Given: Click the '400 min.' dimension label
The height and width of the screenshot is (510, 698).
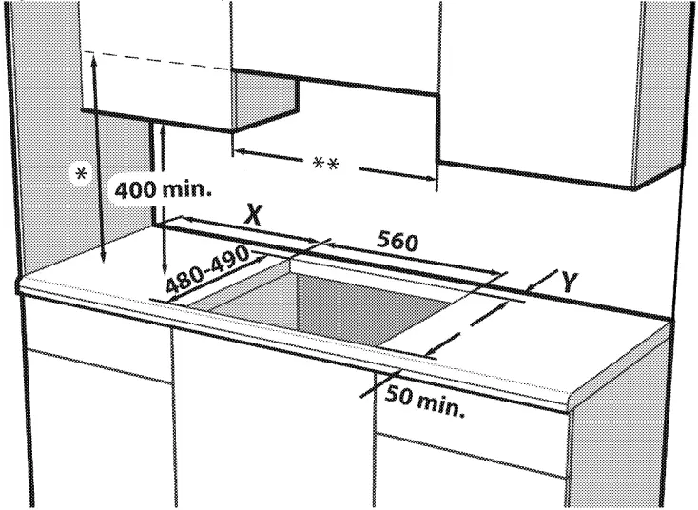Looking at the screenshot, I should point(164,188).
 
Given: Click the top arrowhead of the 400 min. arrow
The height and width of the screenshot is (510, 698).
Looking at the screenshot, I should point(166,124).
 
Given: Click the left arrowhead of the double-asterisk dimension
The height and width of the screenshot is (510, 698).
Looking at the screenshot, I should point(238,149).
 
